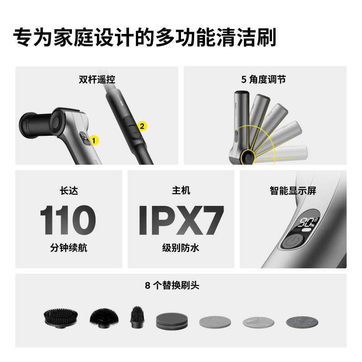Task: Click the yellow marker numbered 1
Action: [x=94, y=140]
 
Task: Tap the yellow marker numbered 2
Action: [x=142, y=127]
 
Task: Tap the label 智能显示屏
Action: [x=293, y=191]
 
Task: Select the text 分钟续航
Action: [x=68, y=248]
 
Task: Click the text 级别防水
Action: [x=181, y=248]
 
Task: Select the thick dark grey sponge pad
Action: [x=171, y=321]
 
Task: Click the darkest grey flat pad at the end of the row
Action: [x=302, y=322]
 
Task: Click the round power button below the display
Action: [x=293, y=241]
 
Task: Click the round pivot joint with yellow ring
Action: [x=248, y=157]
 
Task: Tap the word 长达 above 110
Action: [x=68, y=191]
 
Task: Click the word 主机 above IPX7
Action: [x=181, y=191]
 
